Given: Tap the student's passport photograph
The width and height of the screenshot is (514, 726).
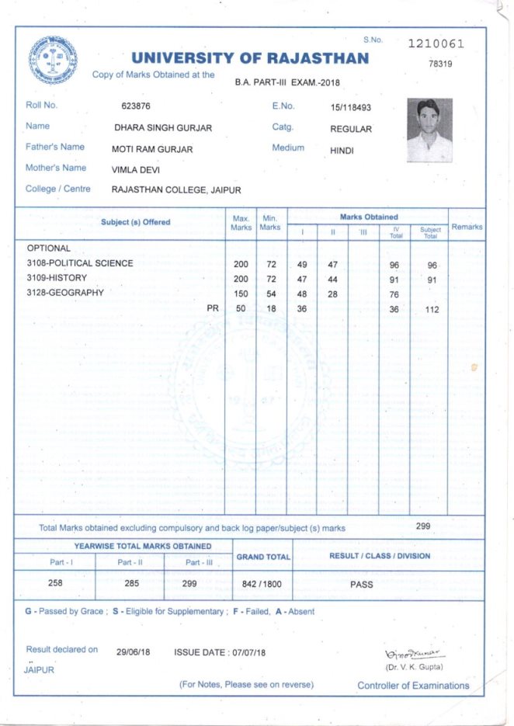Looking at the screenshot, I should [x=429, y=130].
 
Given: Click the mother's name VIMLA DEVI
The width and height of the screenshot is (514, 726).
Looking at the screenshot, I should [x=136, y=169].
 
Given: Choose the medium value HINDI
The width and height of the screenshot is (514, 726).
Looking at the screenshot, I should [x=342, y=151].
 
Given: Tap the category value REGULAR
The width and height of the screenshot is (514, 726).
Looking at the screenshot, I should [x=351, y=129].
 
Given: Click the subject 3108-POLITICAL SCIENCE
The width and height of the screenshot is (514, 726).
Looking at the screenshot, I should [x=80, y=263].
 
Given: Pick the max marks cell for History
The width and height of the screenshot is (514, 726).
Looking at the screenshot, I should [x=241, y=279].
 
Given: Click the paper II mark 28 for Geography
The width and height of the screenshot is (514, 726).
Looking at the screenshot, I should [x=332, y=294].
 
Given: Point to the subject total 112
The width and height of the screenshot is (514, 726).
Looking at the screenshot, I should [x=432, y=310].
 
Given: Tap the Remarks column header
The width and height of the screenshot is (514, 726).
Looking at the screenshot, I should [x=467, y=227].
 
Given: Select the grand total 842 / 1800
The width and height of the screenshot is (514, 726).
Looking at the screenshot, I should [x=262, y=584].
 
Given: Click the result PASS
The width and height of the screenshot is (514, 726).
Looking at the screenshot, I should [x=362, y=584].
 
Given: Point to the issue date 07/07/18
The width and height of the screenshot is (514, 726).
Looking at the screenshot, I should [x=249, y=653].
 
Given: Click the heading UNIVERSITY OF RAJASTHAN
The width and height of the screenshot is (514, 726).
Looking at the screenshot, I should [x=250, y=58].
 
